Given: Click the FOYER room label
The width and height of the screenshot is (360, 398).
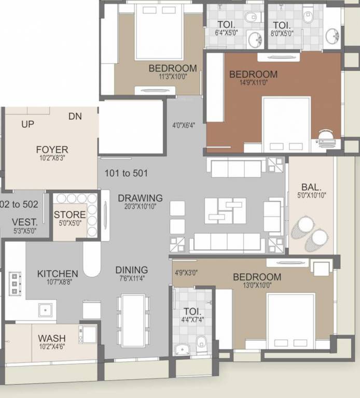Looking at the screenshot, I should coord(52,149).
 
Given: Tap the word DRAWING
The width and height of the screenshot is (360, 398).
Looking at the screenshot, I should coord(140,198).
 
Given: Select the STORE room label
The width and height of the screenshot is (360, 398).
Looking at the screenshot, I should coord(70,215).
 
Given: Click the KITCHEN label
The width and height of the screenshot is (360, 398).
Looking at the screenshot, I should coord(58,274).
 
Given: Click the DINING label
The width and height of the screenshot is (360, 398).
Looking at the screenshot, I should coord(131,270).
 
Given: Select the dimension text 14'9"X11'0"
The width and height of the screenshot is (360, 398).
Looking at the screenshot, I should coord(253,83).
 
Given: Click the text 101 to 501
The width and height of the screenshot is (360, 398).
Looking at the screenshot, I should coord(126,173).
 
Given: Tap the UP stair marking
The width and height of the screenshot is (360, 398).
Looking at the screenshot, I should coord(28,124).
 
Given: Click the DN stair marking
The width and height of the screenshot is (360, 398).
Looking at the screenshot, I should coord(75,117).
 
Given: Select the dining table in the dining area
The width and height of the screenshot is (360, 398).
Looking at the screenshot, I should coord(133,319).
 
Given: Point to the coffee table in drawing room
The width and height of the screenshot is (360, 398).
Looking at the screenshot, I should coord(225,209).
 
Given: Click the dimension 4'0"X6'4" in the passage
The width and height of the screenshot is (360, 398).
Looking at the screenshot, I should coord(184,125).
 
